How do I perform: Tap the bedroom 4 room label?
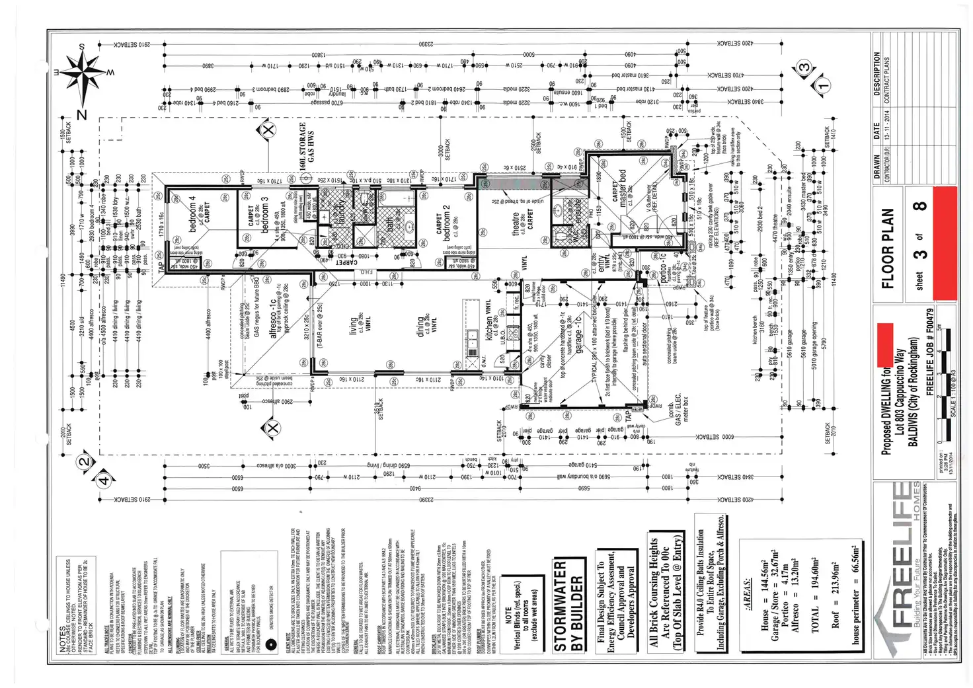pos(193,213)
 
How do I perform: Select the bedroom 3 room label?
pos(264,213)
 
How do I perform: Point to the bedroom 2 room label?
pos(447,223)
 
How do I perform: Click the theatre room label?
pos(516,223)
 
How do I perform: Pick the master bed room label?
pos(622,188)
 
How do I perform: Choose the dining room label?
pos(420,325)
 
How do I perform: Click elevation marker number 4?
pos(104,480)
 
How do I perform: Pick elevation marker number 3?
pos(804,67)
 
